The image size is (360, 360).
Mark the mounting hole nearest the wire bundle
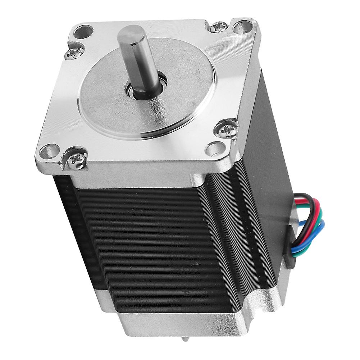point(215,147)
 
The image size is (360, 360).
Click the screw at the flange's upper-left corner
point(74,54)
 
